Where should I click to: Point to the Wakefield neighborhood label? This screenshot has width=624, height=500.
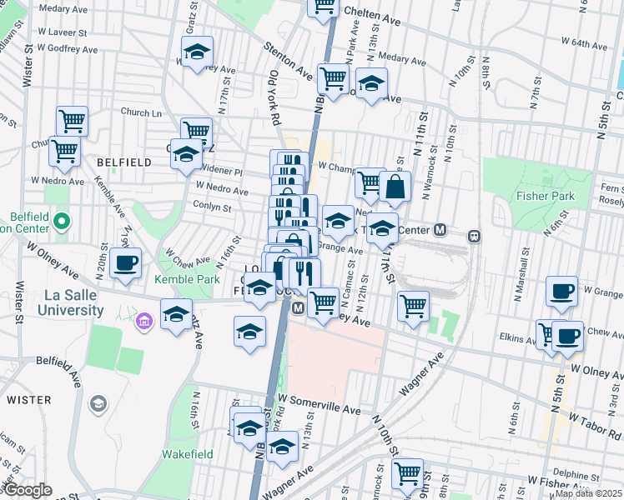click(187, 454)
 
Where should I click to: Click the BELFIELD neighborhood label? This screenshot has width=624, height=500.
click(123, 162)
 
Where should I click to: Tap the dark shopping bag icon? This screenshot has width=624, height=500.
click(395, 188)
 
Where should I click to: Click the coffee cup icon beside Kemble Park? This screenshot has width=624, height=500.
click(125, 263)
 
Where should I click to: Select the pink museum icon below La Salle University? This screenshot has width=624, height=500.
click(143, 320)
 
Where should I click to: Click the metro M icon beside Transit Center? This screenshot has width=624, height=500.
click(440, 230)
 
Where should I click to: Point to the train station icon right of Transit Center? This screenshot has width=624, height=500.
click(474, 236)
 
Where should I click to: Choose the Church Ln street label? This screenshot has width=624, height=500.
click(140, 112)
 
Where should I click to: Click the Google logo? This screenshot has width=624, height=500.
click(27, 490)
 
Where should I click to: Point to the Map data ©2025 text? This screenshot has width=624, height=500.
click(589, 493)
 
